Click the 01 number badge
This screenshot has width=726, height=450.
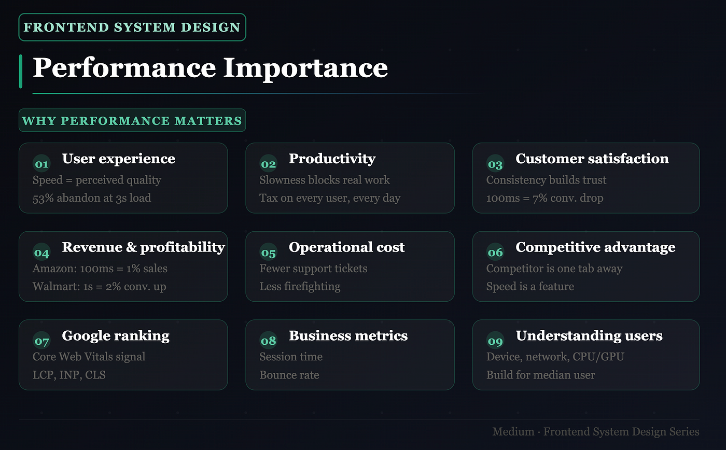pos(41,164)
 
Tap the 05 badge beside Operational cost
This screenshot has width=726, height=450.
pos(269,252)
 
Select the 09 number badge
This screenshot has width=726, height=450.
pos(495,341)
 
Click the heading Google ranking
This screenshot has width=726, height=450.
pos(116,336)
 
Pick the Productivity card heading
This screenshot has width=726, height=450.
pos(332,159)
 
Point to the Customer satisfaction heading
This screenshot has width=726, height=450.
pos(592,159)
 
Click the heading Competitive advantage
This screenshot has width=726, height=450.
pos(596,247)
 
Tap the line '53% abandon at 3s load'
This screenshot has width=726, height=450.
pos(92,198)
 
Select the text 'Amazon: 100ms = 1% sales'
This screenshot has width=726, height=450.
pos(100,268)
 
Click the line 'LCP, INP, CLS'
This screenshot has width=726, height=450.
pos(69,374)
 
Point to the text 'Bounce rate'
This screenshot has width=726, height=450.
pos(289,374)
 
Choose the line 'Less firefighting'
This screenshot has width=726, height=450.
pos(300,286)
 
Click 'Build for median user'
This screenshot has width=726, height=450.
pos(540,374)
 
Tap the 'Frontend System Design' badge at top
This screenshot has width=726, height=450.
pos(132,27)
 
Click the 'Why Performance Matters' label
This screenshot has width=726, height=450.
pos(132,120)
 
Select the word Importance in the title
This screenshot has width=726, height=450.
pos(305,68)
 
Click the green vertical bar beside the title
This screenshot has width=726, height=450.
pos(21,71)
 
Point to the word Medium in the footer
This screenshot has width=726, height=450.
pos(513,431)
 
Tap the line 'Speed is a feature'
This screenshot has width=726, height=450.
pos(530,286)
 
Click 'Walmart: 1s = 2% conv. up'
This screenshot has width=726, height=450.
pos(99,286)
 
